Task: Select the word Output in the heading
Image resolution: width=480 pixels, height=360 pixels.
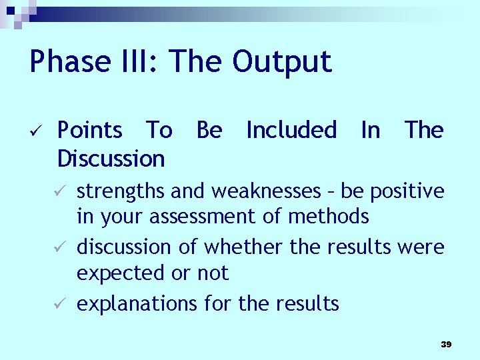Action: click(281, 61)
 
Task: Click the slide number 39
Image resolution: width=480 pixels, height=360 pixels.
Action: click(446, 344)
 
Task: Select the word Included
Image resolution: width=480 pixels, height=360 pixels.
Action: click(291, 130)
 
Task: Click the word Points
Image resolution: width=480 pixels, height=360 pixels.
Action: click(90, 130)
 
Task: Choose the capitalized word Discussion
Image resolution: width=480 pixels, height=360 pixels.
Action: click(111, 159)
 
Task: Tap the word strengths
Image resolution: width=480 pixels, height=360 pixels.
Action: click(121, 191)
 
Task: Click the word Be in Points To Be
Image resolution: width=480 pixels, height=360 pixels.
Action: click(209, 130)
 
